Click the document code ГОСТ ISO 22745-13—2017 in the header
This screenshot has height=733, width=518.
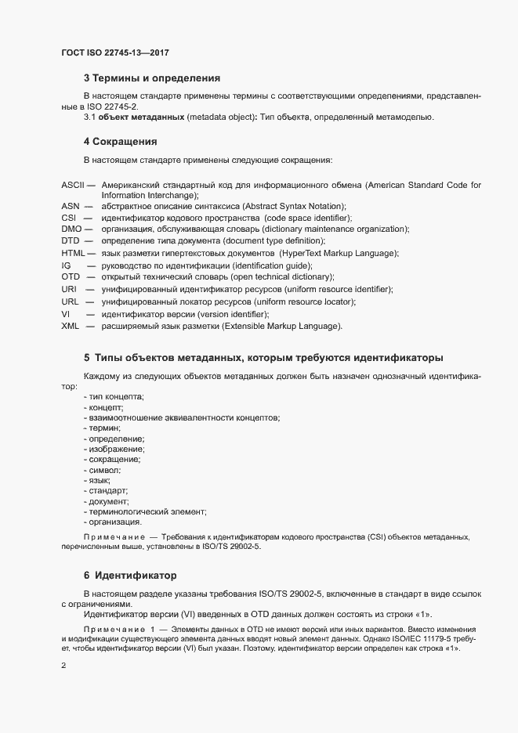click(114, 53)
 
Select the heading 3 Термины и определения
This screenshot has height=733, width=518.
click(151, 78)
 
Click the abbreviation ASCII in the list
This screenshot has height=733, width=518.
click(72, 184)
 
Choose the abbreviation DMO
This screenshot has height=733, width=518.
click(71, 229)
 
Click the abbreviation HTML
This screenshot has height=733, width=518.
click(73, 253)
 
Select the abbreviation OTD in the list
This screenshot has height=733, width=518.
click(71, 277)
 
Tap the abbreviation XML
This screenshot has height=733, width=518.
click(71, 326)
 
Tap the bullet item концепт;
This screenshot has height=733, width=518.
click(106, 408)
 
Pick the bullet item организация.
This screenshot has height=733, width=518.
click(115, 521)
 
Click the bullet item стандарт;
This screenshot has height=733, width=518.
click(109, 490)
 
